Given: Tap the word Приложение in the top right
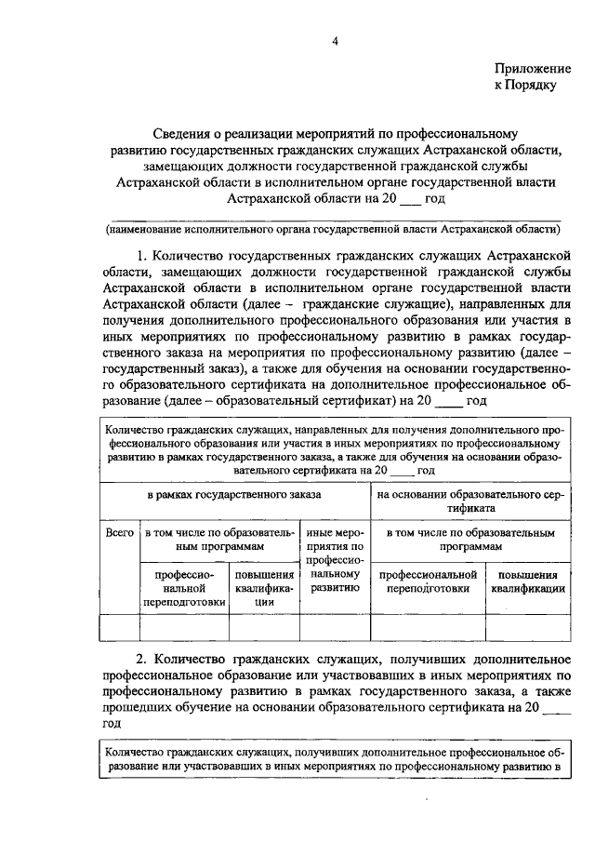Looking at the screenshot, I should point(532,70).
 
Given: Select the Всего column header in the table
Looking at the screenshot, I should point(118,534).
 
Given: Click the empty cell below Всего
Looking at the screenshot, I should point(118,629).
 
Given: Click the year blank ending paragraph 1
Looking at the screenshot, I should point(422,401).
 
